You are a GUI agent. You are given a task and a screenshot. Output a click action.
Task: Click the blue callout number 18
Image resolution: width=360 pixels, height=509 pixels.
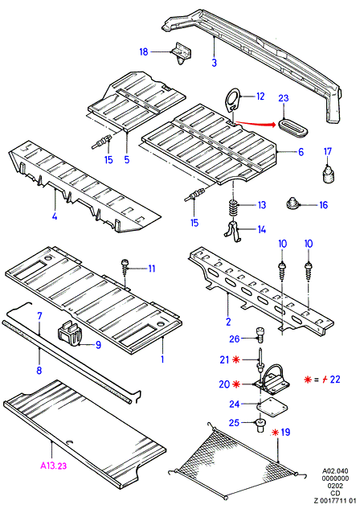144,51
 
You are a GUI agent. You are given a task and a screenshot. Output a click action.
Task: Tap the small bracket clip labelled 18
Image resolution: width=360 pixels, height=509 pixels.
182,53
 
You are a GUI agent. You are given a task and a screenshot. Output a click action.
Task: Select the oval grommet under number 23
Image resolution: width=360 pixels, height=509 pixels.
292,128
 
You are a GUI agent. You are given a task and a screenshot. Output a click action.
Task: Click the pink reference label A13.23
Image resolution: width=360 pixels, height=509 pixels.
54,466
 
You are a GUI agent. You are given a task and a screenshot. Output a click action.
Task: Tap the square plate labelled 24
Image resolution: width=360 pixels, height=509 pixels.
268,408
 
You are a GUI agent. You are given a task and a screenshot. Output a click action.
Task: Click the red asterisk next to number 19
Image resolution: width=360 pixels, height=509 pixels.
276,433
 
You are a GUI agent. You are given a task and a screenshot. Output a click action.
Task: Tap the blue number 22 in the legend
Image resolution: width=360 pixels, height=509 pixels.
335,379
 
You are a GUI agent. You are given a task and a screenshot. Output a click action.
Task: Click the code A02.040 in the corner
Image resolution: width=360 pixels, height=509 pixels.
335,470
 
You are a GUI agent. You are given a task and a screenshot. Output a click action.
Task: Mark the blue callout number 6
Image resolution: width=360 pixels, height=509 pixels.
301,152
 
